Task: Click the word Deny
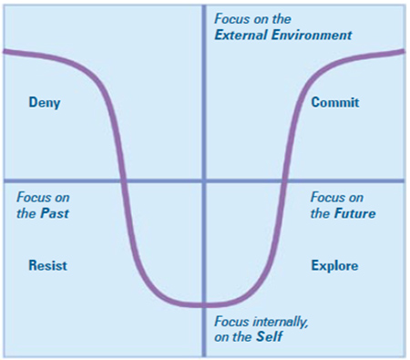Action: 45,103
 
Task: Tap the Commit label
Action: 334,103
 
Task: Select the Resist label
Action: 48,265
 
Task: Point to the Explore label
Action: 334,266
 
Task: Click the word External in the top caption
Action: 244,36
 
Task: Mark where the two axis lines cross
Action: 203,181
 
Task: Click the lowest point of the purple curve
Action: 203,304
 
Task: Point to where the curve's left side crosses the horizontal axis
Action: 123,181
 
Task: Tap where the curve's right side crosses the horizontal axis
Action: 284,181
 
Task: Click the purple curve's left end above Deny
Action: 7,51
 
